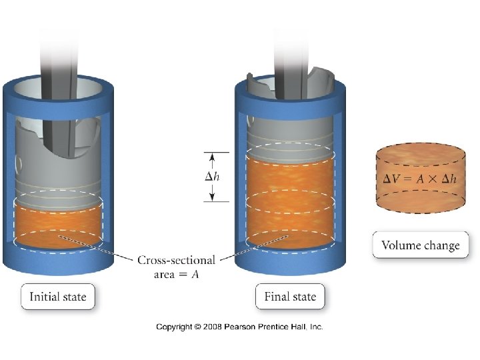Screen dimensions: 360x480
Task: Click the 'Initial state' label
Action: pyautogui.click(x=58, y=297)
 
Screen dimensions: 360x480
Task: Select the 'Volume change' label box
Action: pyautogui.click(x=420, y=245)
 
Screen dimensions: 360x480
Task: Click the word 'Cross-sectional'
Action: pyautogui.click(x=176, y=260)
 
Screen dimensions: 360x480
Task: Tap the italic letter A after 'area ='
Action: pyautogui.click(x=196, y=274)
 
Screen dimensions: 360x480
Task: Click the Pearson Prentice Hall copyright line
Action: pyautogui.click(x=239, y=327)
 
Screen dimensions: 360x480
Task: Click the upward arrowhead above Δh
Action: pyautogui.click(x=213, y=157)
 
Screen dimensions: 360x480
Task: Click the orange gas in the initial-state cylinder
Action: pyautogui.click(x=58, y=223)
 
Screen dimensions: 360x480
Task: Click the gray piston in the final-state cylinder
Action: pyautogui.click(x=290, y=133)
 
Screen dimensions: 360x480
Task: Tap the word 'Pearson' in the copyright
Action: pyautogui.click(x=239, y=327)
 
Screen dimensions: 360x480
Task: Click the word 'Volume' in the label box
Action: pyautogui.click(x=401, y=245)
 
